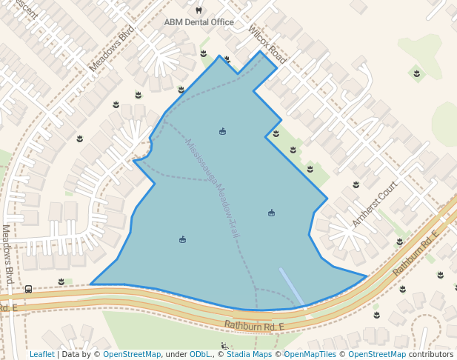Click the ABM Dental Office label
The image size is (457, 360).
pos(199,22)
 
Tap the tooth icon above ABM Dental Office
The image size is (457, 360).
pos(199,10)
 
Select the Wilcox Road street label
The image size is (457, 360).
pos(267,45)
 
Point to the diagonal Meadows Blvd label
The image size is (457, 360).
pos(112,50)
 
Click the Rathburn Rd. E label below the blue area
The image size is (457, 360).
pos(254,326)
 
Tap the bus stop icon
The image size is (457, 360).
pos(28,289)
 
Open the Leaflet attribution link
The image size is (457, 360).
pos(42,354)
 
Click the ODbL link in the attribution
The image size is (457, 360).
pos(201,354)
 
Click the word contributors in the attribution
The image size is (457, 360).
pos(431,354)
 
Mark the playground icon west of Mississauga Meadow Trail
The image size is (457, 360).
pos(182,239)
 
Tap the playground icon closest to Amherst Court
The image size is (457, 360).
pos(271,213)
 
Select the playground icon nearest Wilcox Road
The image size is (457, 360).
pos(222,132)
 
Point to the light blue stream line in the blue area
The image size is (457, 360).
pos(291,287)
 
